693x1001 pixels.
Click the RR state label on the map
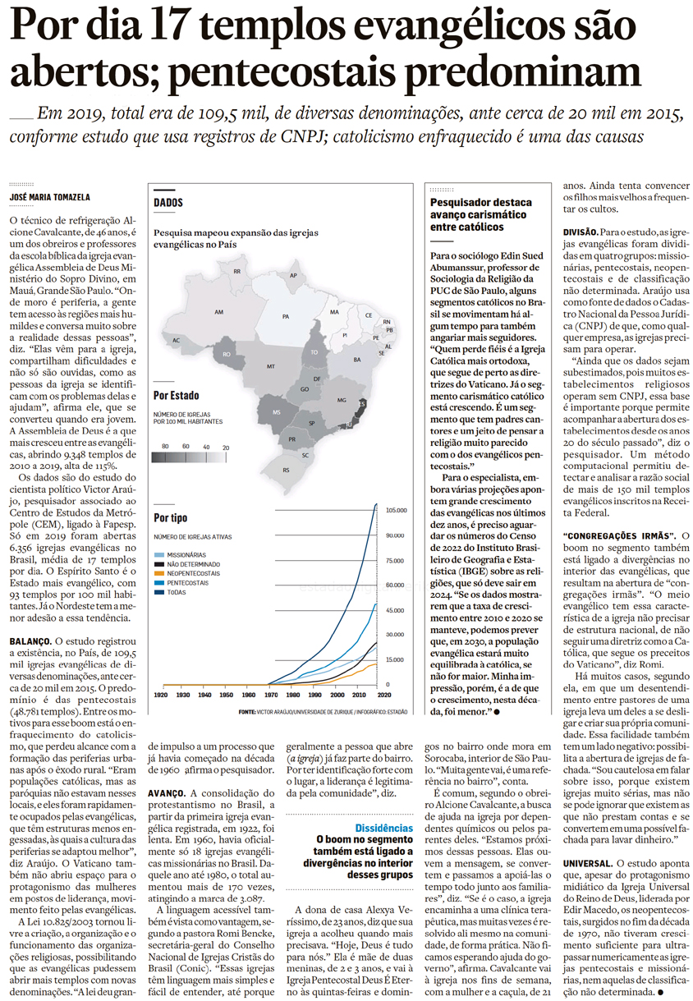(237, 271)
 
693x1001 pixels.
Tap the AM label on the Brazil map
(218, 312)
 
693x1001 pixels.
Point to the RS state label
(287, 471)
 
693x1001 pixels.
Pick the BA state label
(356, 360)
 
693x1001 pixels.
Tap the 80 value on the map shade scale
(165, 446)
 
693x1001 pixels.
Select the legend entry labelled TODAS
(177, 591)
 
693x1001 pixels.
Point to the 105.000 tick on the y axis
(397, 510)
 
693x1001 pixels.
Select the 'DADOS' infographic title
(168, 202)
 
